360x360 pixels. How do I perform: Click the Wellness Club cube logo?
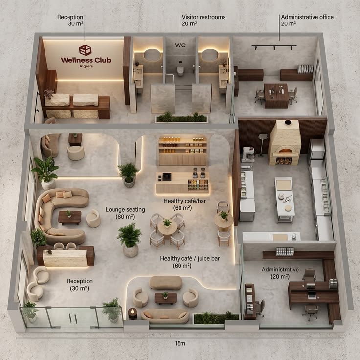point(85,50)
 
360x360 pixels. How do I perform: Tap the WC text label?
point(180,45)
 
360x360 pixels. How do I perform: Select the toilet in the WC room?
point(180,70)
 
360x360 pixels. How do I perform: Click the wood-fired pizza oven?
point(285,143)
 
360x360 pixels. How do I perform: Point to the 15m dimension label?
point(180,343)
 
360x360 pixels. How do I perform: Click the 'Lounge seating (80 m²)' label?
point(125,213)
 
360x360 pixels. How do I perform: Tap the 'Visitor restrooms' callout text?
point(203,17)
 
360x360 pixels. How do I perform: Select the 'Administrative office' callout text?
point(307,17)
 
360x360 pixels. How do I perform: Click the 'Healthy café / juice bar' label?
point(190,259)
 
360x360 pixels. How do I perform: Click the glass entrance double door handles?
point(73,318)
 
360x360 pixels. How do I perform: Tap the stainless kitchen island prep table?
point(284,199)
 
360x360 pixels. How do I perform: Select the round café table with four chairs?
point(167,231)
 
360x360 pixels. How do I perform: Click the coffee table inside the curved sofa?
point(70,218)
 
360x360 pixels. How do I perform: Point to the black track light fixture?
point(274,47)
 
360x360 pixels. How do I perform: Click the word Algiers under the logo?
point(86,66)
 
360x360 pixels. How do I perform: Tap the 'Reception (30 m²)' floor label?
point(80,285)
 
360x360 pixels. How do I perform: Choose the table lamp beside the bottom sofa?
point(133,314)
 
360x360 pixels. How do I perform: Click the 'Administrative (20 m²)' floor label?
point(280,273)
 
